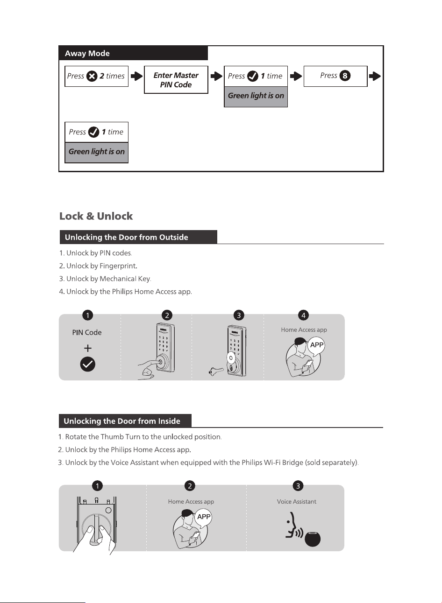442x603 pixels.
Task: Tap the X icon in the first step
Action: (x=92, y=76)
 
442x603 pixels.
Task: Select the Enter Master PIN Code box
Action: (x=176, y=80)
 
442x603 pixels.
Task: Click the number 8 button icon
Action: (x=345, y=76)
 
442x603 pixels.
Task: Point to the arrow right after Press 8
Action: (x=375, y=76)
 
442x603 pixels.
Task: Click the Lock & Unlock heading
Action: (x=96, y=216)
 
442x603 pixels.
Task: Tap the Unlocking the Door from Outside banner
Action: (x=138, y=237)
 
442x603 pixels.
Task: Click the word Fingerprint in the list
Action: (x=117, y=266)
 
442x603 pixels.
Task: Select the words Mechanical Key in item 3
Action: (x=125, y=279)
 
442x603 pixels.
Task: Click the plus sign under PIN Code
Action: (x=87, y=348)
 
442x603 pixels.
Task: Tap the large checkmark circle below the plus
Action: (x=87, y=364)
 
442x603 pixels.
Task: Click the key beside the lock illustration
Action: (x=216, y=371)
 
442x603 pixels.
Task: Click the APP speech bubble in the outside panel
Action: (x=316, y=345)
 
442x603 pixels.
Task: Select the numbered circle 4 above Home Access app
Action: (x=304, y=315)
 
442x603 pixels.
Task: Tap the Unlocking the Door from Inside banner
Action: (x=125, y=421)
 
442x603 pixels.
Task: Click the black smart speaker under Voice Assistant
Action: (x=313, y=539)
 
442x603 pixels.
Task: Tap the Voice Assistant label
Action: (x=297, y=502)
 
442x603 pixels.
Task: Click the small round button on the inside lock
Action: (x=108, y=510)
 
